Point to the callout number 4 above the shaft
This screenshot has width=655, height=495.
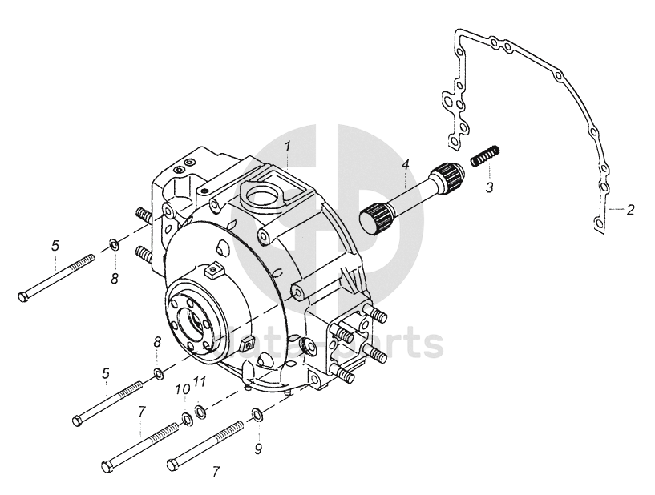pos(406,165)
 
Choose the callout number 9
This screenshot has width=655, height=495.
pos(258,449)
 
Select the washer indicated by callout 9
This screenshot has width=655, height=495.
pos(257,414)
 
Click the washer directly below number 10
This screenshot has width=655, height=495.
pos(186,417)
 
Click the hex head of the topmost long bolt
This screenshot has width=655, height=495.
pos(22,297)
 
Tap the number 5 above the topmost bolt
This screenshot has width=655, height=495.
pos(55,245)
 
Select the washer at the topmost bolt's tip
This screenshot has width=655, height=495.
pos(115,243)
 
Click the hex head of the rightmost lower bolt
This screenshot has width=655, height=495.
pos(172,465)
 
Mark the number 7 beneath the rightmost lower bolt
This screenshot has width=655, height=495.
pos(215,473)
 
